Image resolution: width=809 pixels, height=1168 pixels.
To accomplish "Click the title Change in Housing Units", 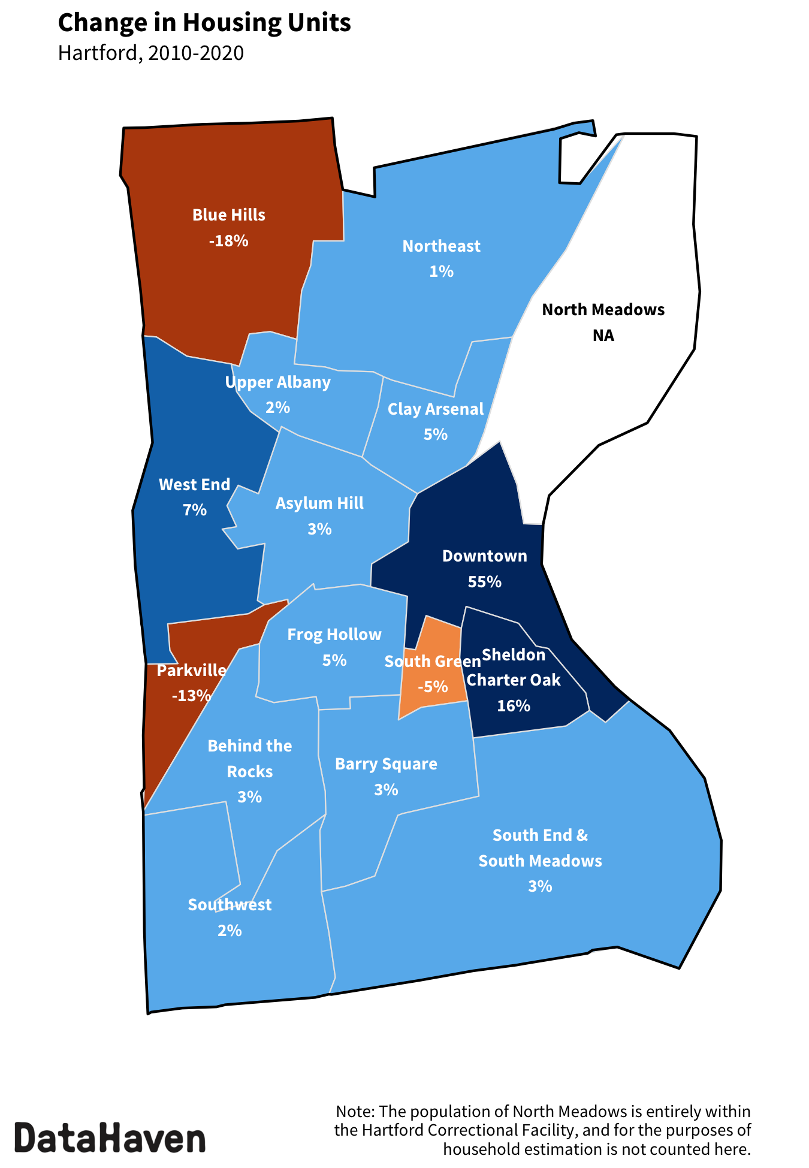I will [204, 23].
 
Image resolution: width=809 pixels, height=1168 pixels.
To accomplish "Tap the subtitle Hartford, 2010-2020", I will [151, 53].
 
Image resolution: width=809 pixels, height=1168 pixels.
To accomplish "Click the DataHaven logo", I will [110, 1137].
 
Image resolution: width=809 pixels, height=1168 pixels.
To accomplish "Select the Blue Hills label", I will [229, 215].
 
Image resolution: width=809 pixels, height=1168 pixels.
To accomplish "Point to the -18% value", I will [229, 241].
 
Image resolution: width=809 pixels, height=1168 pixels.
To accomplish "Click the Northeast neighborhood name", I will [441, 246].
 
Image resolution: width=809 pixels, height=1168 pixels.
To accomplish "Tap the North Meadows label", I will [603, 310].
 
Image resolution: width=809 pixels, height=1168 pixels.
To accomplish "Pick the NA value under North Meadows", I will [603, 336].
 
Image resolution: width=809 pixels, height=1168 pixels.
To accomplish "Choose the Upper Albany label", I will [278, 382].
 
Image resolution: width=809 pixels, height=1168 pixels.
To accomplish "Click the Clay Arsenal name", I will [436, 409].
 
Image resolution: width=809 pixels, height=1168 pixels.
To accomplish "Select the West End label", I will [195, 485].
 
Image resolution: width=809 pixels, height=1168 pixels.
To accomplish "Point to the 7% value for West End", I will [195, 510].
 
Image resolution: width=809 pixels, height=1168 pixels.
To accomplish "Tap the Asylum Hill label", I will [319, 503].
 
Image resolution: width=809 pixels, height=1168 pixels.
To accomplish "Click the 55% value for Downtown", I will [485, 582].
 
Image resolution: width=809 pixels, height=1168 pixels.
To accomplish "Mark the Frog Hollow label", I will [334, 635].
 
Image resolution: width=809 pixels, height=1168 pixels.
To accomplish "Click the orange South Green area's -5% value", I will [433, 687].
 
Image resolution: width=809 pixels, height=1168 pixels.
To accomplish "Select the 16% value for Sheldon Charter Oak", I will [514, 706].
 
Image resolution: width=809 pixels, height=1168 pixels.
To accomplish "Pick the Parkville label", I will [192, 671].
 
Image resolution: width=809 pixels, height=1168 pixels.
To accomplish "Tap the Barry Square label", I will [386, 764].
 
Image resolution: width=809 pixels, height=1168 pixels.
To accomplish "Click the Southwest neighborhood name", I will [230, 905].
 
